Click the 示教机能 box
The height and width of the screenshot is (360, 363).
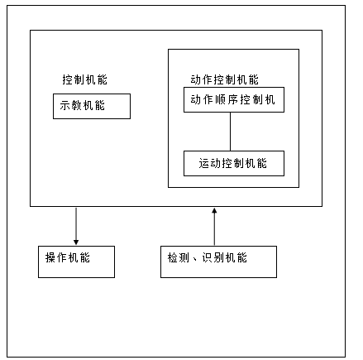92,106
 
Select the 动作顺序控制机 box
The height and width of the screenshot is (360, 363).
233,99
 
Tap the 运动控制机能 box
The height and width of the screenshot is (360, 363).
233,163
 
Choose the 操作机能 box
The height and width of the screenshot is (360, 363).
76,262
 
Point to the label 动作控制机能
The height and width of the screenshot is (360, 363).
223,80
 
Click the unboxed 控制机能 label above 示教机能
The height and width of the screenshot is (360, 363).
84,80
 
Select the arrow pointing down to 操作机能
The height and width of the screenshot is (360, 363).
76,225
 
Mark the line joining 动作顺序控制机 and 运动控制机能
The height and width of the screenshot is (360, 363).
230,131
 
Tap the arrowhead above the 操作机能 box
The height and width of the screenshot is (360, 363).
76,242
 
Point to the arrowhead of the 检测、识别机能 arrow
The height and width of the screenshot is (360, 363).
214,210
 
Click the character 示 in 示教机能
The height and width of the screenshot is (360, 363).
65,106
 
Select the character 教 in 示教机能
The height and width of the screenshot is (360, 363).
77,106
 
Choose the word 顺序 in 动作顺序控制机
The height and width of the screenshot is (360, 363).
227,100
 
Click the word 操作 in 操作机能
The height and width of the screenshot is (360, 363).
56,257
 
